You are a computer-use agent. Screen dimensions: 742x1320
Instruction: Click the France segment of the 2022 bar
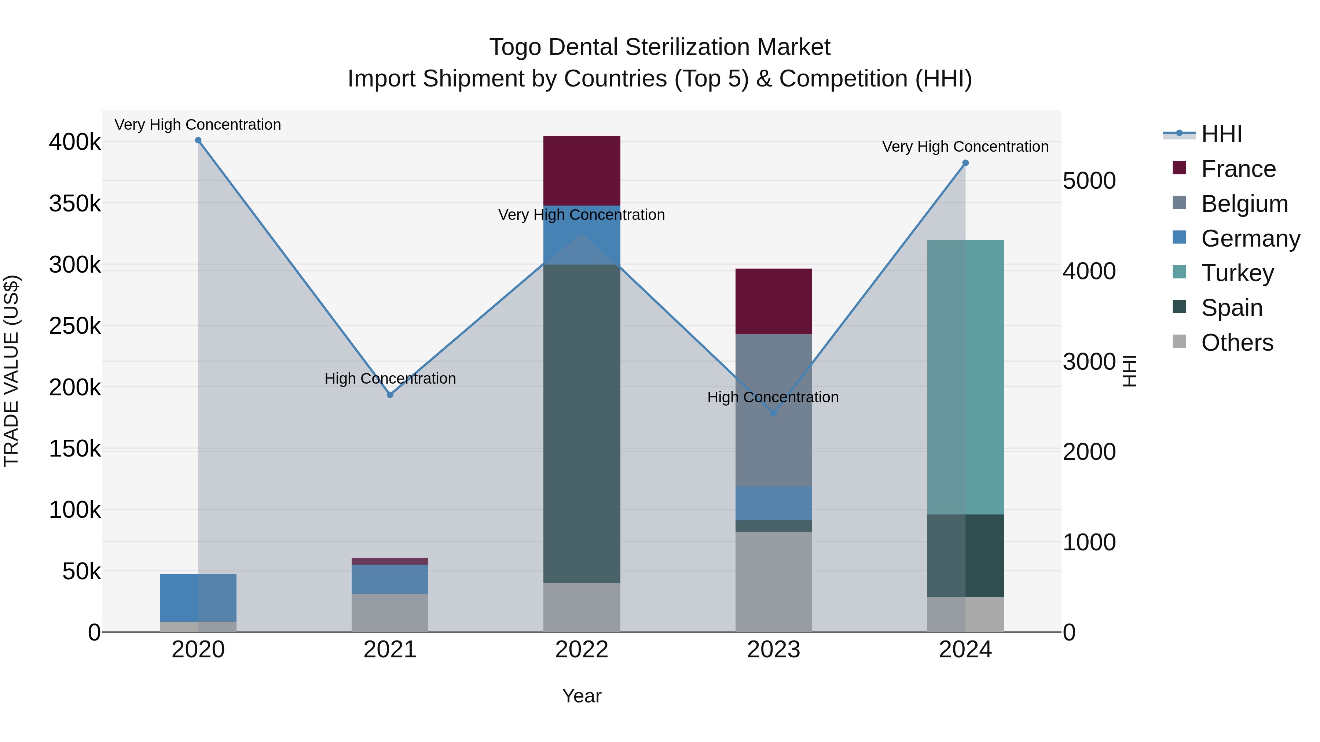pos(582,170)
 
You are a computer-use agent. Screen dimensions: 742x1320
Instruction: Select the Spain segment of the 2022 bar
pos(582,424)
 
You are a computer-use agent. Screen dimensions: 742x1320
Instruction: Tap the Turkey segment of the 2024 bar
pos(965,377)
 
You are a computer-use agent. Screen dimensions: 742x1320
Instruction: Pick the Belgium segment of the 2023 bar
pos(774,410)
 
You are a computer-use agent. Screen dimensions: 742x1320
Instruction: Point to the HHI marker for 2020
pos(198,140)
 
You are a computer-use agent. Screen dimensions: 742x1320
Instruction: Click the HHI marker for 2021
pos(390,395)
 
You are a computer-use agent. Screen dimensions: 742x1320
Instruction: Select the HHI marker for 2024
pos(965,163)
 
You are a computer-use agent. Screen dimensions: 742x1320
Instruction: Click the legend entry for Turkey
pos(1237,273)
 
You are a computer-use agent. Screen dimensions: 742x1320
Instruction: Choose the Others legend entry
pos(1237,343)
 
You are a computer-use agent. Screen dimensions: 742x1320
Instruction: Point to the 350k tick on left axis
pos(75,203)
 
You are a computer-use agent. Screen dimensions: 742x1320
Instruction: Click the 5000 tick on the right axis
pos(1089,181)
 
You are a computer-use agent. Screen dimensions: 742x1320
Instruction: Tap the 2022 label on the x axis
pos(582,650)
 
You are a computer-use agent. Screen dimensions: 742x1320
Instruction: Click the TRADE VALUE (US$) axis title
pos(11,371)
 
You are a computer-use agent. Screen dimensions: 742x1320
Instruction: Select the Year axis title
pos(582,696)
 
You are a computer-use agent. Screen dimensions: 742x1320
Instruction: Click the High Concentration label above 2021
pos(390,379)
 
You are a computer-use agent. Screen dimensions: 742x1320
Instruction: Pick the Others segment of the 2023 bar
pos(774,581)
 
